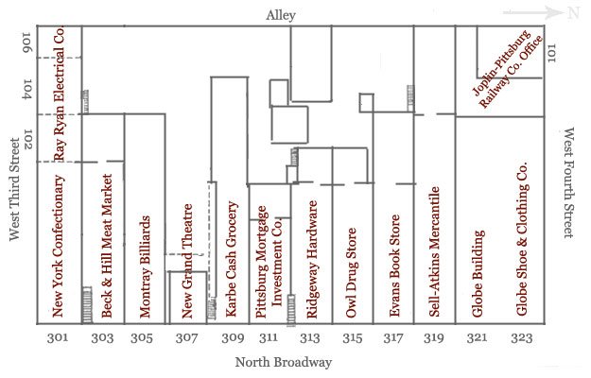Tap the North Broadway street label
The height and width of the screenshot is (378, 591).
click(x=284, y=362)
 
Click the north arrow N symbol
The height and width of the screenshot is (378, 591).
click(x=571, y=12)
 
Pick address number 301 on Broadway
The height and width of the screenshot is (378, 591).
click(x=59, y=338)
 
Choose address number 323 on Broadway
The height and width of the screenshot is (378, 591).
click(x=520, y=338)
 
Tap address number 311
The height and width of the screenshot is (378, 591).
click(x=269, y=338)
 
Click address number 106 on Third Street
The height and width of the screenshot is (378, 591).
click(x=27, y=42)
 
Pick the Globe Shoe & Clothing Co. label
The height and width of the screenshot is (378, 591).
click(x=521, y=241)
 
